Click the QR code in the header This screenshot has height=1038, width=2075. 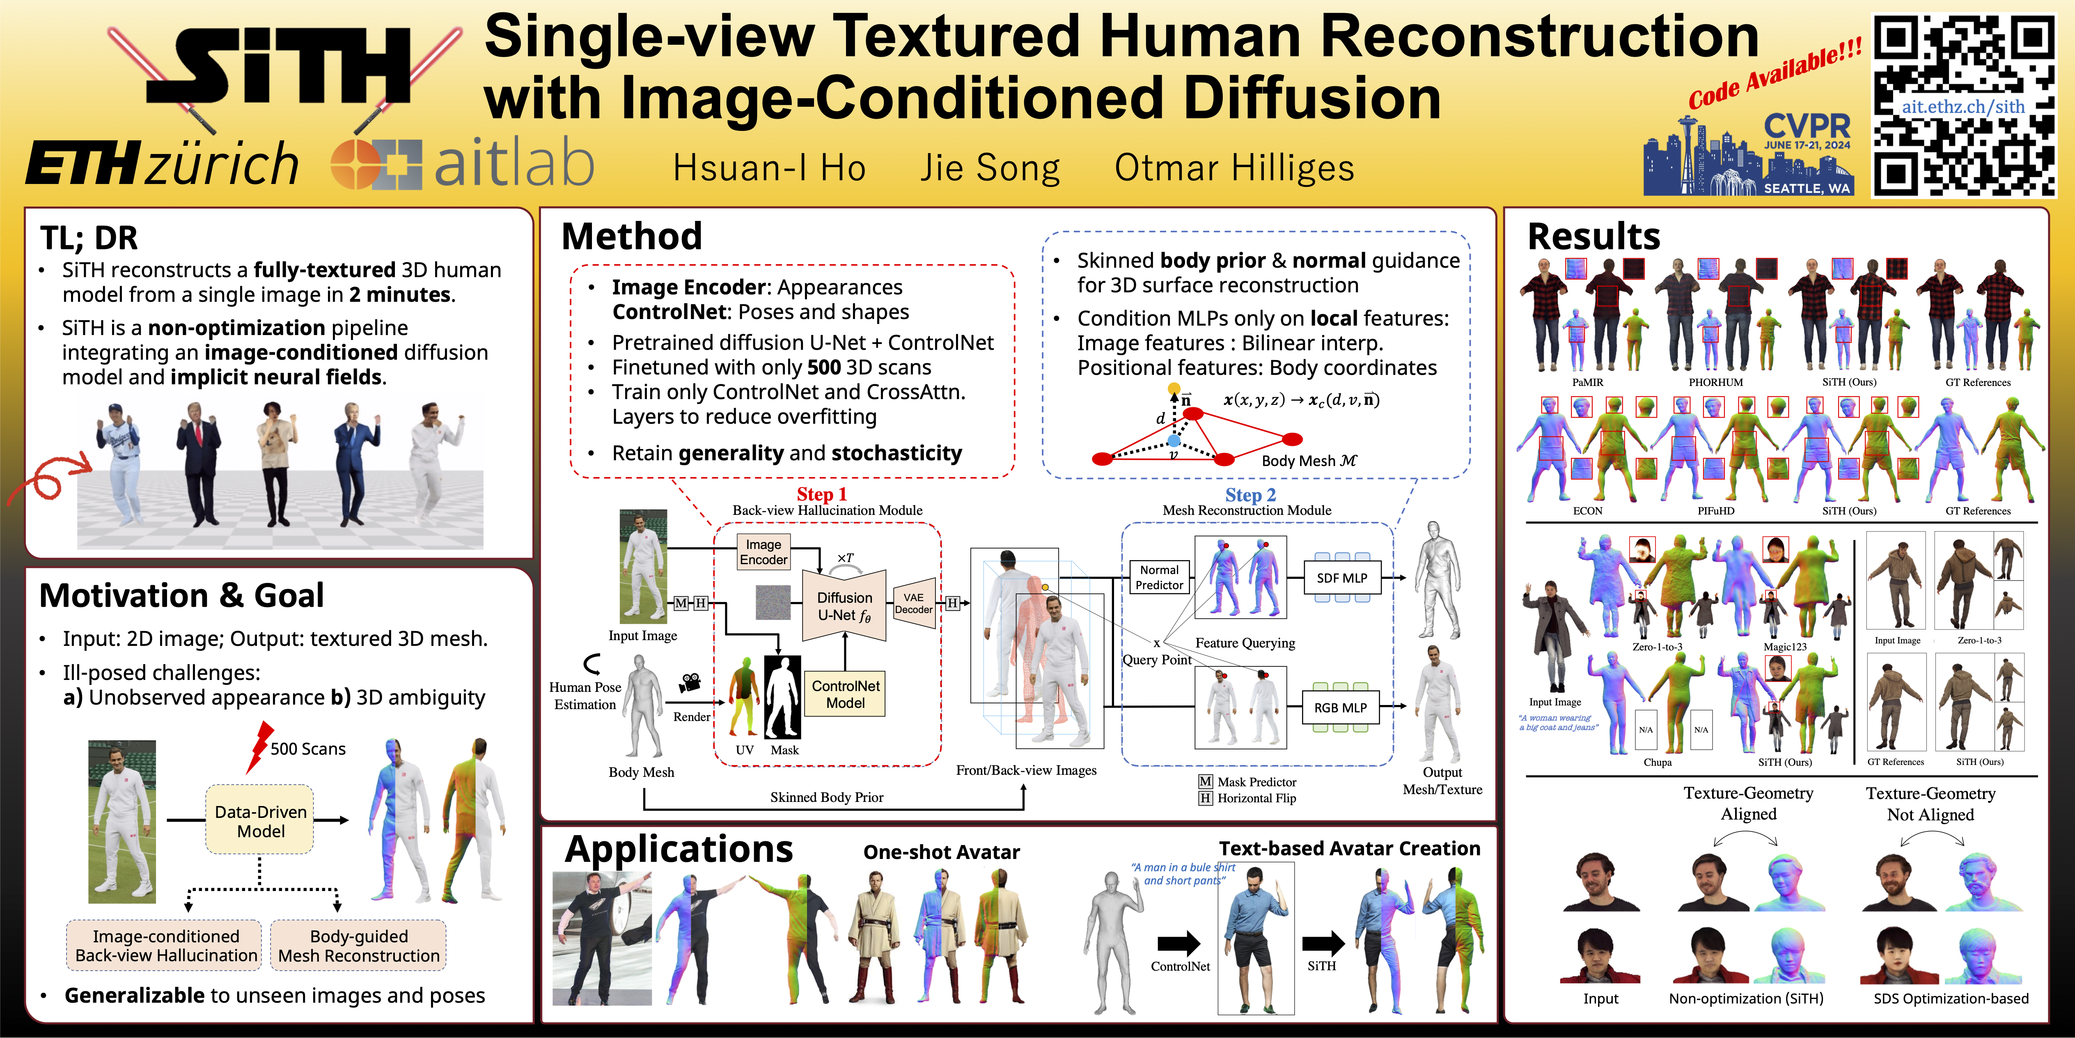point(1964,105)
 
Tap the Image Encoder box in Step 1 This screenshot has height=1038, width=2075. point(764,552)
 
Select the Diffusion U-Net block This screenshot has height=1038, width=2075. point(844,606)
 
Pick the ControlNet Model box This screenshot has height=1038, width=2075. point(846,694)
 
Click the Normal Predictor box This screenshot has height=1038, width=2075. point(1159,577)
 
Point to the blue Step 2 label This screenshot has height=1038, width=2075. point(1250,495)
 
